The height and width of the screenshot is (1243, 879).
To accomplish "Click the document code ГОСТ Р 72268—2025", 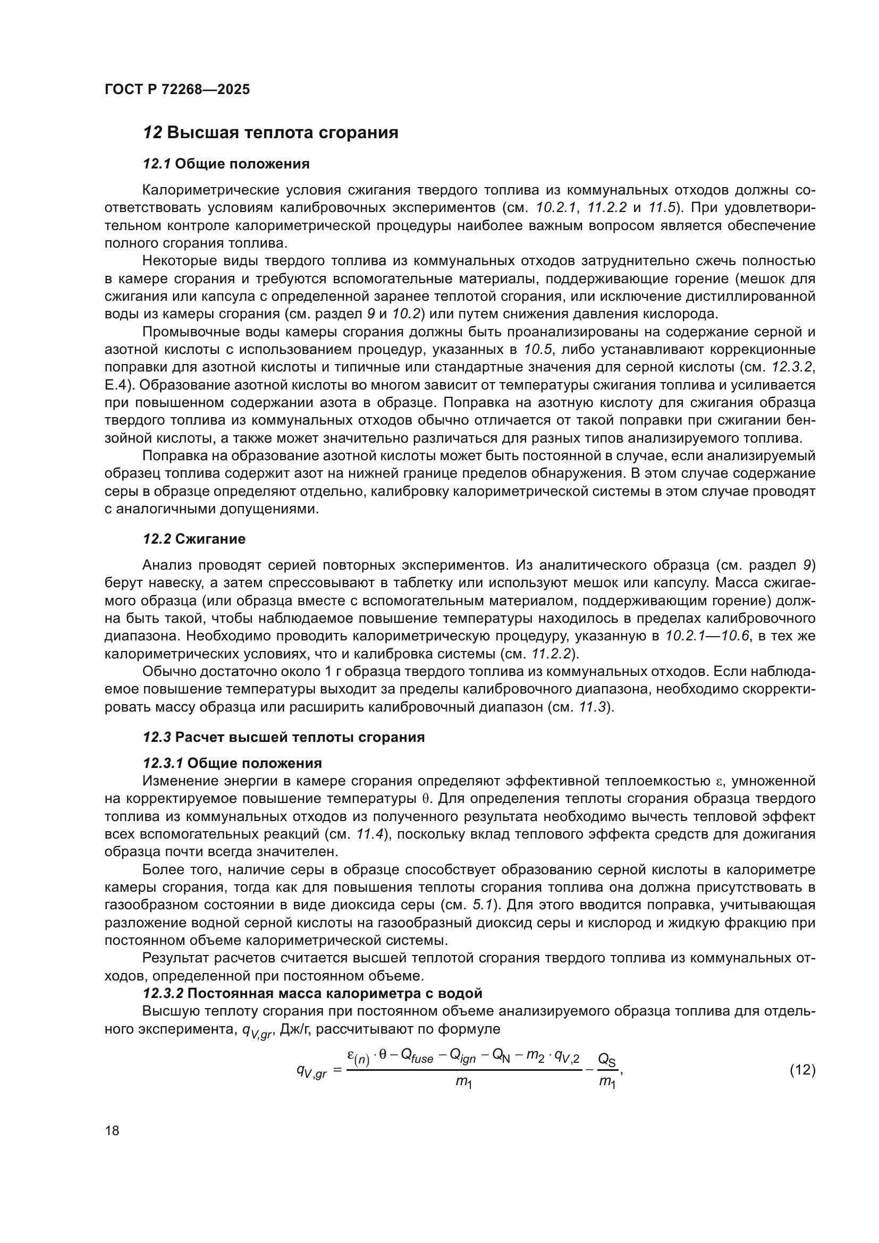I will [177, 90].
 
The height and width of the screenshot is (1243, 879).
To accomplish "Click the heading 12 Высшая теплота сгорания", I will [270, 133].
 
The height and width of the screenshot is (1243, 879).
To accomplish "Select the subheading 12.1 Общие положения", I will [226, 164].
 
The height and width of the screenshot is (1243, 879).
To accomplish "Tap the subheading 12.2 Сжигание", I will [194, 539].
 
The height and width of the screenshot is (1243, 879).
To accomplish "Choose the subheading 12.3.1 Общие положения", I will [232, 763].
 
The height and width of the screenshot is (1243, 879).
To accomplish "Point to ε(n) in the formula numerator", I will [358, 1056].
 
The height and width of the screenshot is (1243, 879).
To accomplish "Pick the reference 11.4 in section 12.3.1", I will [370, 834].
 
